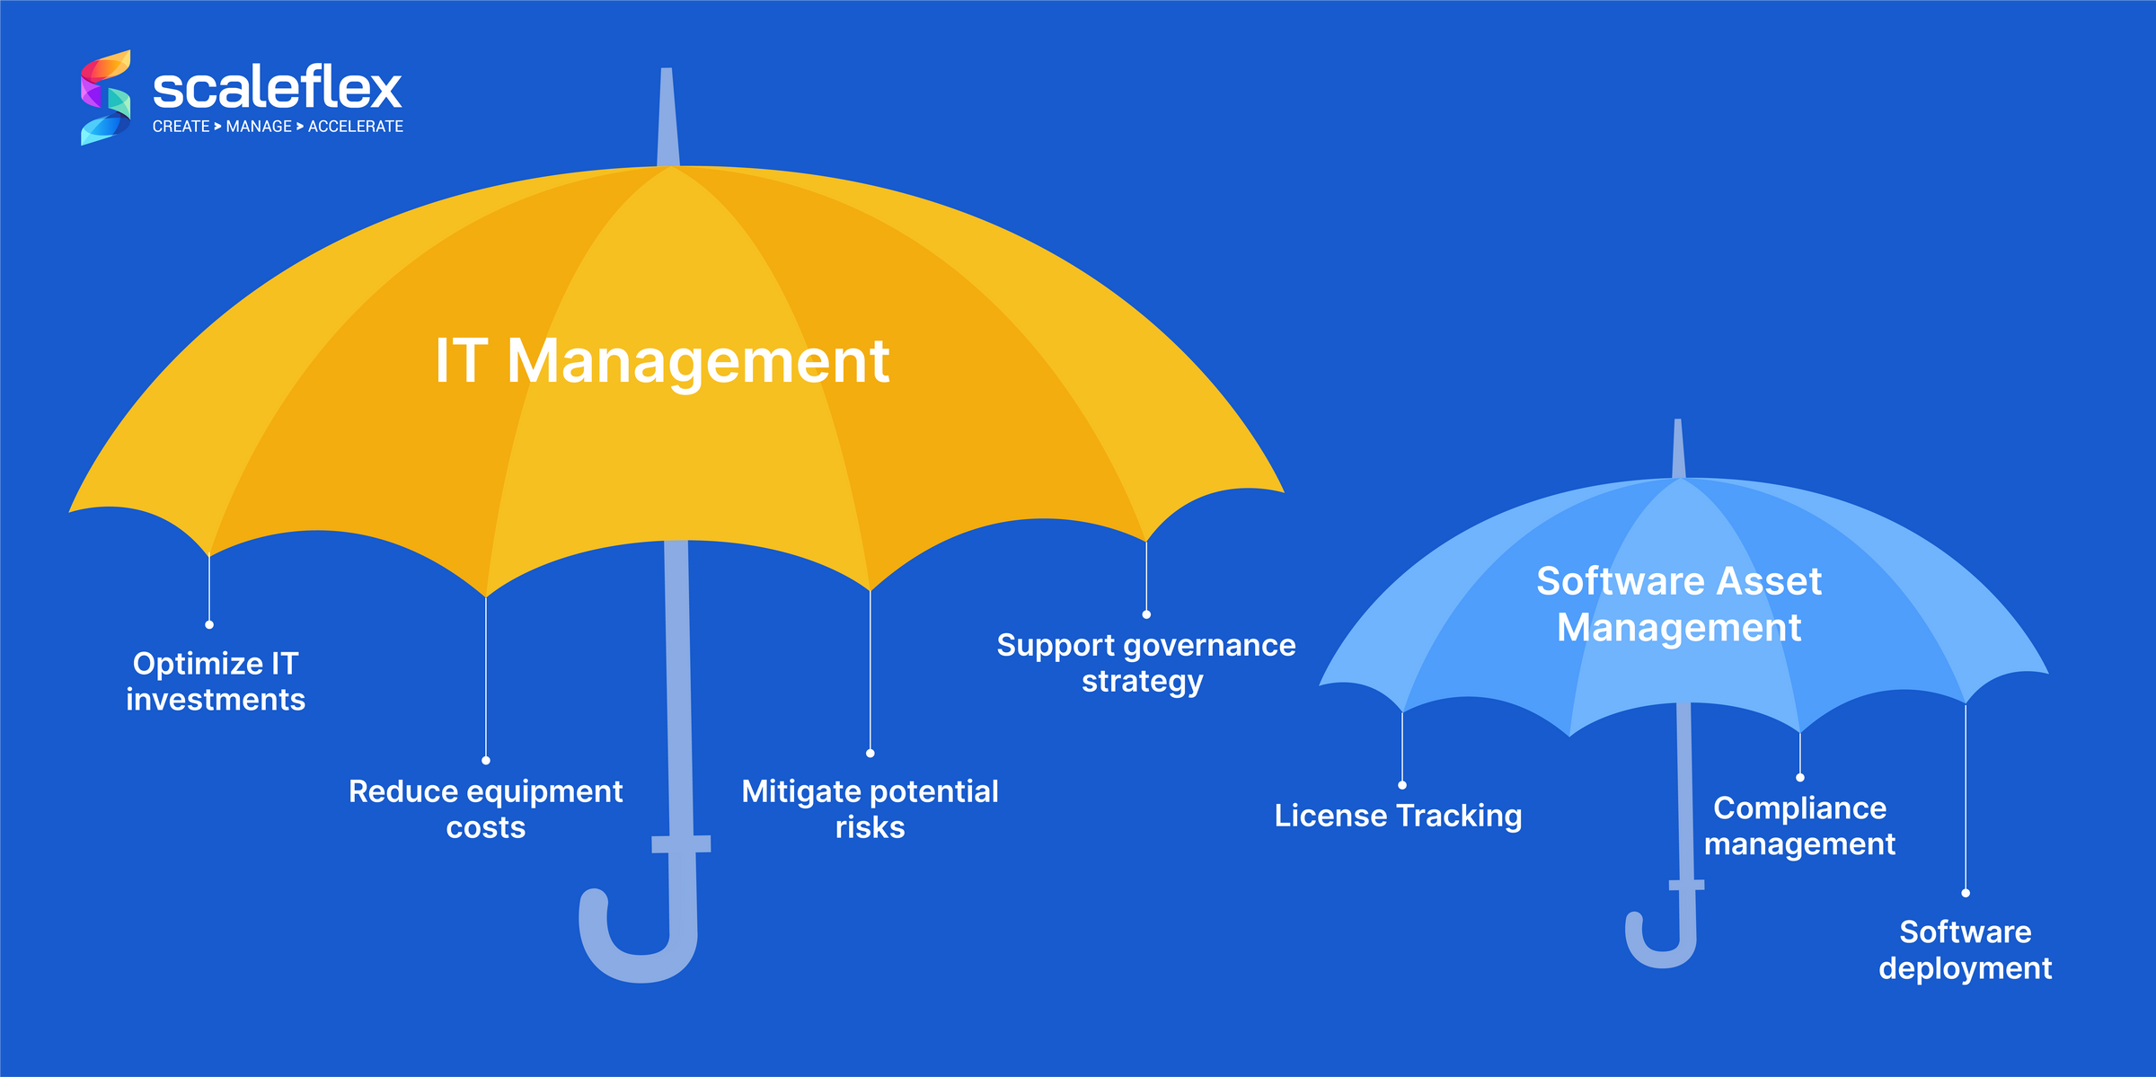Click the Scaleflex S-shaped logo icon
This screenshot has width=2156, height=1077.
(x=105, y=97)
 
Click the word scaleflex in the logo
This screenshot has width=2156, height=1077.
(x=277, y=88)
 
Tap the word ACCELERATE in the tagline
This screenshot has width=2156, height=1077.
(x=356, y=127)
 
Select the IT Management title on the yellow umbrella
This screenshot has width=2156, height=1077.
(x=662, y=361)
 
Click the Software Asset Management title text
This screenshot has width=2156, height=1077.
(x=1679, y=604)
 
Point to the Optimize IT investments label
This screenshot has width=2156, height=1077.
(x=216, y=682)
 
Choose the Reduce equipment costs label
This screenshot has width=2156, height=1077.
(x=485, y=809)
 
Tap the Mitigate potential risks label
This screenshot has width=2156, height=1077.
(x=870, y=809)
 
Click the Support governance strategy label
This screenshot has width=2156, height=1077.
(x=1145, y=663)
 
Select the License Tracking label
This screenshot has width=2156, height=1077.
(x=1398, y=816)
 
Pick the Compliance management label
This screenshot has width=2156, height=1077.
(x=1799, y=826)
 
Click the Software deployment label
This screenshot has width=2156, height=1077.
(x=1965, y=950)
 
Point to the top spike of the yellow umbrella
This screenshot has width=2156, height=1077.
(x=667, y=117)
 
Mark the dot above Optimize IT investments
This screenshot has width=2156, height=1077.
(x=209, y=624)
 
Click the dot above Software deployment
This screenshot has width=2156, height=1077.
(x=1966, y=893)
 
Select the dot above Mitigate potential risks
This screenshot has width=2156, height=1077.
(x=870, y=753)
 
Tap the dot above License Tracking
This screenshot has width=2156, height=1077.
(x=1402, y=785)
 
